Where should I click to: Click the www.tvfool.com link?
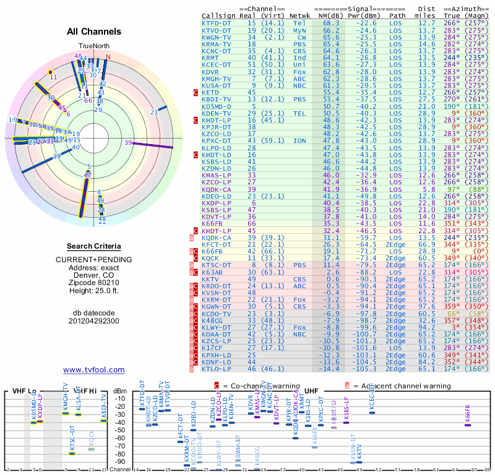pyautogui.click(x=93, y=370)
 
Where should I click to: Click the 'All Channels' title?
pyautogui.click(x=94, y=32)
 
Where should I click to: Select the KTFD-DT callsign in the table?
pyautogui.click(x=217, y=22)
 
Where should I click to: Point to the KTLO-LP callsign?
pyautogui.click(x=217, y=369)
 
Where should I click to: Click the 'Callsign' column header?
pyautogui.click(x=218, y=15)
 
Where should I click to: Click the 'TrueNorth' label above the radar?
pyautogui.click(x=93, y=46)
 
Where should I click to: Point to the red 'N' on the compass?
pyautogui.click(x=108, y=58)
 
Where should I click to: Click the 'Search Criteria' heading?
pyautogui.click(x=93, y=246)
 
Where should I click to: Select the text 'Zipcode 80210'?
pyautogui.click(x=93, y=281)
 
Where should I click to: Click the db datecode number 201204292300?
pyautogui.click(x=93, y=321)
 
